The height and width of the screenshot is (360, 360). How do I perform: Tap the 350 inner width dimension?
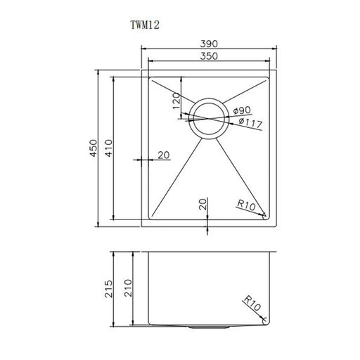tap(208, 56)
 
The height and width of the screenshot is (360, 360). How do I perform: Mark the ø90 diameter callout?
tap(243, 110)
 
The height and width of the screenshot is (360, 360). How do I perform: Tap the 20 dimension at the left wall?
tap(164, 155)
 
